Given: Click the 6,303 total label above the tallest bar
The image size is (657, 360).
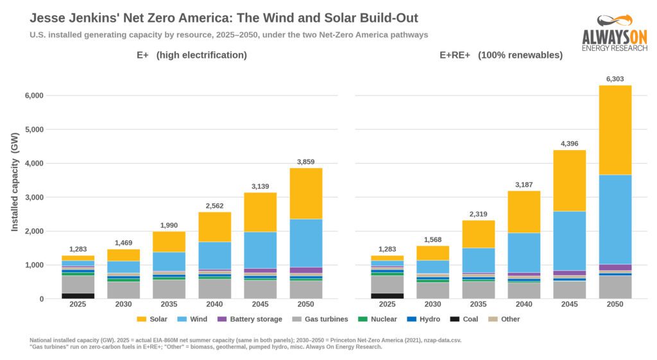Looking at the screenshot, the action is pyautogui.click(x=615, y=79).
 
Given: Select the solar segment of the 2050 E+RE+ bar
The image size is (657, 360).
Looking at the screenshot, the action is pyautogui.click(x=615, y=130).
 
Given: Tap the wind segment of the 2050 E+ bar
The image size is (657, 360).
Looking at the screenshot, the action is pyautogui.click(x=306, y=243).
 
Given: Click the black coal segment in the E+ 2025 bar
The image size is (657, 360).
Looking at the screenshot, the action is pyautogui.click(x=78, y=296).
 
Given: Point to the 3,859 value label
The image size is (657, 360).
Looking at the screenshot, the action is pyautogui.click(x=306, y=162).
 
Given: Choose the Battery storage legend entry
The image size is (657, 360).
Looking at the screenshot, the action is pyautogui.click(x=250, y=319).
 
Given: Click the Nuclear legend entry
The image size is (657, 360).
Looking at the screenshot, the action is pyautogui.click(x=377, y=319).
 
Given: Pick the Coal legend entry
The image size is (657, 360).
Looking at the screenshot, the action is pyautogui.click(x=465, y=319).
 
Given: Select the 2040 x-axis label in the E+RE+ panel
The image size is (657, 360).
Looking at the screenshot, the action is pyautogui.click(x=524, y=304).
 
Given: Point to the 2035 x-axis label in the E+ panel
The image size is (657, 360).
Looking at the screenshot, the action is pyautogui.click(x=169, y=304).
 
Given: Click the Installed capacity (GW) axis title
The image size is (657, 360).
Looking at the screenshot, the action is pyautogui.click(x=15, y=182).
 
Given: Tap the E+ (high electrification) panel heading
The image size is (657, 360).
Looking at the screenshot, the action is pyautogui.click(x=192, y=55).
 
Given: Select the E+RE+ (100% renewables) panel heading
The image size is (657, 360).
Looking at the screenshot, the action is pyautogui.click(x=501, y=55).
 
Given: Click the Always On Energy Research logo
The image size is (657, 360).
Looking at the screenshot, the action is pyautogui.click(x=615, y=33).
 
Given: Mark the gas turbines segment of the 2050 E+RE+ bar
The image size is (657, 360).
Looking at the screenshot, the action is pyautogui.click(x=615, y=287).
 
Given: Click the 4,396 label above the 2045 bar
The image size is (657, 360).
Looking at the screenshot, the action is pyautogui.click(x=570, y=144).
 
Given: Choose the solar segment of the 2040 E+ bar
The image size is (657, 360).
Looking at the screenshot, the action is pyautogui.click(x=214, y=227).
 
